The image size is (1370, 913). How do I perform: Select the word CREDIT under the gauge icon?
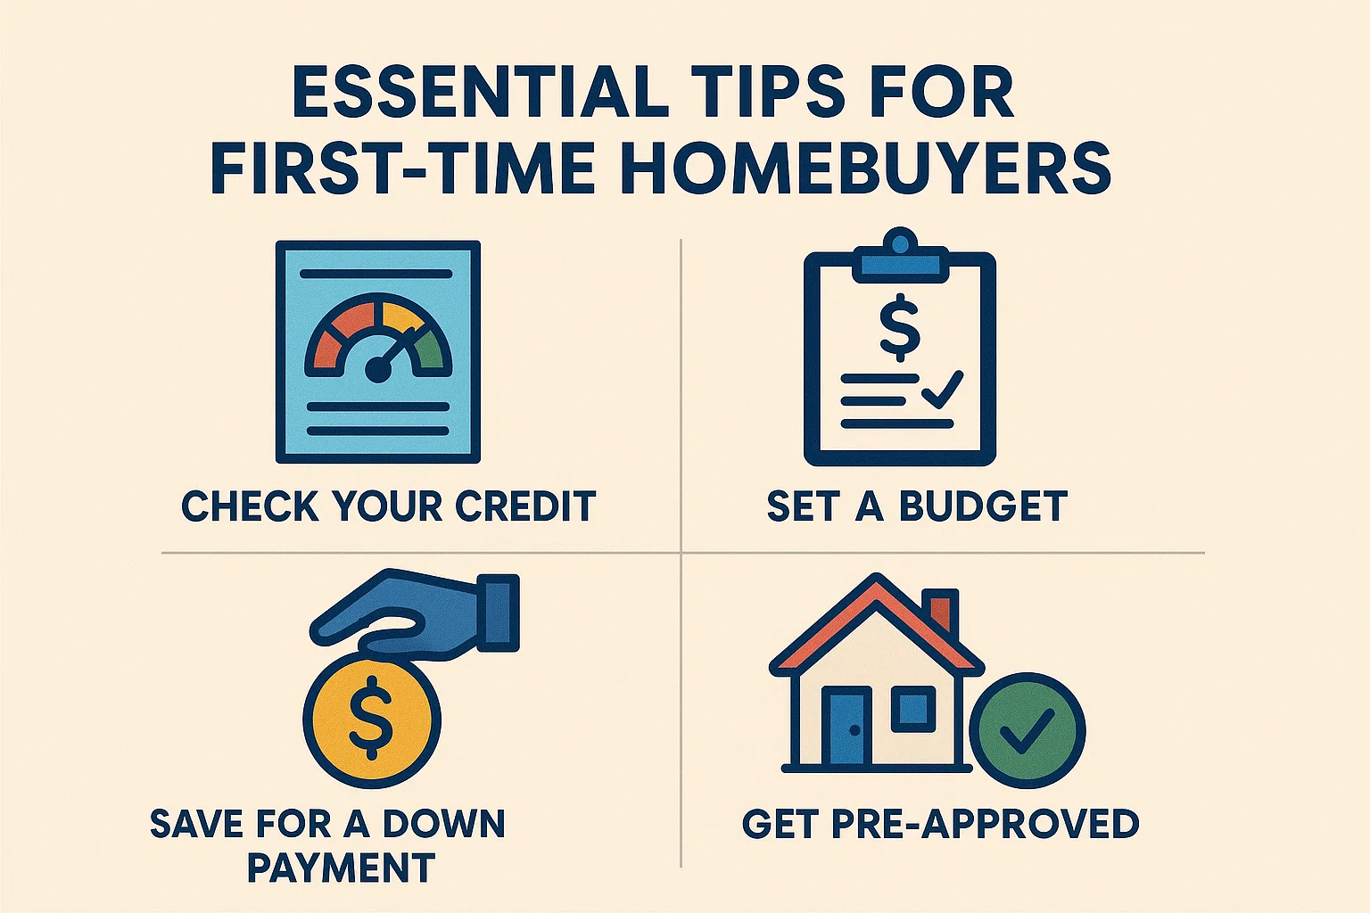click(525, 506)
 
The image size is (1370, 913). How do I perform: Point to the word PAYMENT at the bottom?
click(341, 868)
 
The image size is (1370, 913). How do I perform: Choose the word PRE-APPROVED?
click(985, 823)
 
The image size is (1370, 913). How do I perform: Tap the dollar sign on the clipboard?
click(899, 326)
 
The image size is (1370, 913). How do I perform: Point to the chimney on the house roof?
click(939, 613)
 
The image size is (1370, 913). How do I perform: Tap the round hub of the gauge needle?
click(378, 370)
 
